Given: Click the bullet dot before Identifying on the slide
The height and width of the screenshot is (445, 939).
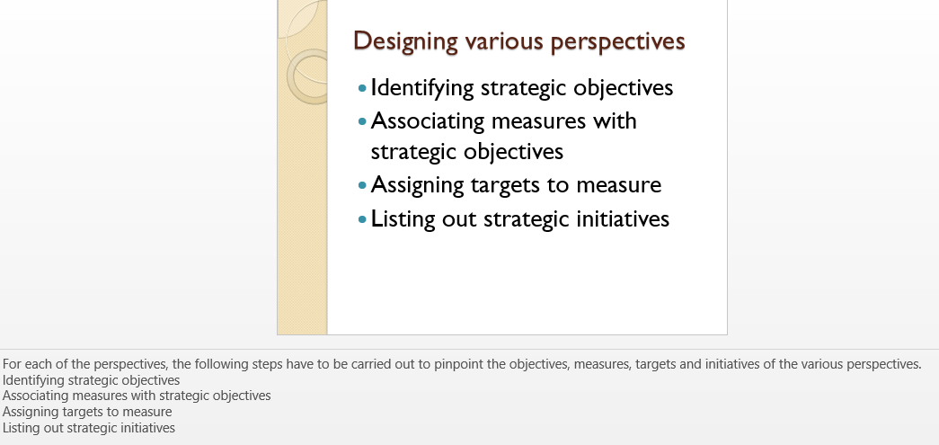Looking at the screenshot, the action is pyautogui.click(x=362, y=89).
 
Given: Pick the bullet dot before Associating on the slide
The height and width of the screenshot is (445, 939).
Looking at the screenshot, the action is pyautogui.click(x=362, y=121).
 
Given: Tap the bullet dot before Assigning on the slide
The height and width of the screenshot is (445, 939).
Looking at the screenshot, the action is pyautogui.click(x=362, y=186).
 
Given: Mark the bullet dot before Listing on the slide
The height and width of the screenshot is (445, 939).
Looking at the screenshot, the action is pyautogui.click(x=362, y=219).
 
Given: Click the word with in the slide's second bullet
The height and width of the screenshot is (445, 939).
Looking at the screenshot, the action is pyautogui.click(x=615, y=120).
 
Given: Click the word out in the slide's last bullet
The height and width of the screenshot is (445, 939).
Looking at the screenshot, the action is pyautogui.click(x=459, y=219).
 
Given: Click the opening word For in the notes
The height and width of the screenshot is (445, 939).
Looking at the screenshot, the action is pyautogui.click(x=11, y=364).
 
